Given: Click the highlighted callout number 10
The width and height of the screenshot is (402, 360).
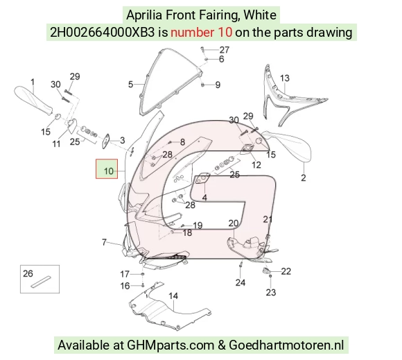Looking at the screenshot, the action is click(109, 171).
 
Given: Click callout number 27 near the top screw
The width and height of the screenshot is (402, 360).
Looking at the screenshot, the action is click(224, 50).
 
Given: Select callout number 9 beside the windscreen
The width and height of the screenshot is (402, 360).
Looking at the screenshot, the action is click(218, 85).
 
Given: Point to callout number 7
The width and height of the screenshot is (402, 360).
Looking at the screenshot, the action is click(104, 242).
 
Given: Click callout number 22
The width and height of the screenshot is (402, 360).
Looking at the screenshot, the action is click(286, 271).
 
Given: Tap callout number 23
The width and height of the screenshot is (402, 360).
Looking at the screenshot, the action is click(271, 292).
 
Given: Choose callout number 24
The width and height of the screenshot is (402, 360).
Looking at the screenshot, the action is click(241, 282).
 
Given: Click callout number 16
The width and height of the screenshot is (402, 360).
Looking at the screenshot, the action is click(125, 286).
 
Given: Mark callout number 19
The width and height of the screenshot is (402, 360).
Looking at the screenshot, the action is click(198, 225).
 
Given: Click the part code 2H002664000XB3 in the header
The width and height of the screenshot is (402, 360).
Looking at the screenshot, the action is click(103, 33).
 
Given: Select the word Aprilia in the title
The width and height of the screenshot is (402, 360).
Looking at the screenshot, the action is click(144, 15).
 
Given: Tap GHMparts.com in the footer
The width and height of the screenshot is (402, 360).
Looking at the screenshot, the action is click(171, 345).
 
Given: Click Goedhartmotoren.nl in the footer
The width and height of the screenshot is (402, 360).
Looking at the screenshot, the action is click(286, 345).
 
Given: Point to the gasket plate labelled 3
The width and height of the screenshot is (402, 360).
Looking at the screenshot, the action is click(106, 141).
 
